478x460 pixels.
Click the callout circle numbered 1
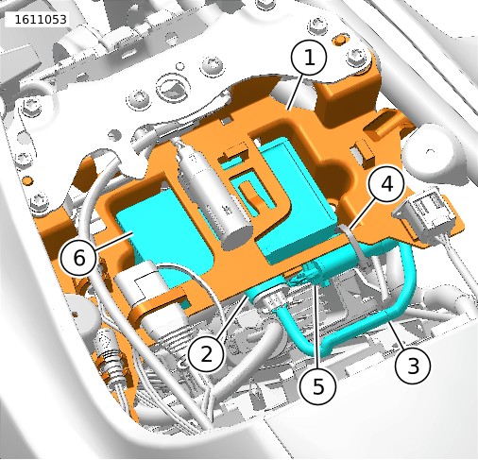pyautogui.click(x=309, y=58)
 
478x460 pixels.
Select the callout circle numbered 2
pyautogui.click(x=206, y=354)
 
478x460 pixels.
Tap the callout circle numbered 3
pyautogui.click(x=413, y=366)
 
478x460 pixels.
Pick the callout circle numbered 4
pyautogui.click(x=386, y=183)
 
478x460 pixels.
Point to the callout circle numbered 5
pyautogui.click(x=318, y=385)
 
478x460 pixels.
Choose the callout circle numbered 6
pyautogui.click(x=79, y=258)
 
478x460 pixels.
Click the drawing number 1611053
pyautogui.click(x=41, y=20)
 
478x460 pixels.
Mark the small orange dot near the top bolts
pyautogui.click(x=338, y=39)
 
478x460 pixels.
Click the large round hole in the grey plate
pyautogui.click(x=174, y=87)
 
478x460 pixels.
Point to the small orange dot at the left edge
pyautogui.click(x=28, y=180)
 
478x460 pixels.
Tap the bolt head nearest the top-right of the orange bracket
pyautogui.click(x=357, y=57)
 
